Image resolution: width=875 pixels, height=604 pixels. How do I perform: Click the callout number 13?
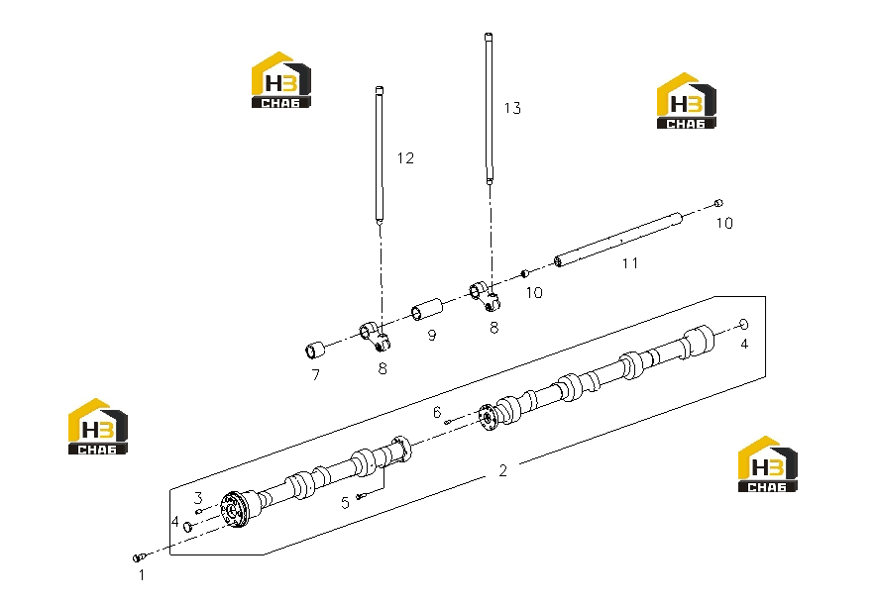click(512, 108)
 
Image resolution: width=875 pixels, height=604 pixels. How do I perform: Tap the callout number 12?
click(405, 158)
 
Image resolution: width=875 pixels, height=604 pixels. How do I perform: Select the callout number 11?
click(630, 262)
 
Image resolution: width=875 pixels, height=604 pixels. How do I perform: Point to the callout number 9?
click(432, 336)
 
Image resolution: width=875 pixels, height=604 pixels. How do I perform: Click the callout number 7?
click(316, 375)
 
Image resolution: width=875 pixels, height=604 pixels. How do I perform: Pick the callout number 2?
click(502, 470)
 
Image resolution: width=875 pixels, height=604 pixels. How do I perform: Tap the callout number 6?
click(437, 412)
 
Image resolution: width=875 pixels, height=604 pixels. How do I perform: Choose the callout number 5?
click(345, 502)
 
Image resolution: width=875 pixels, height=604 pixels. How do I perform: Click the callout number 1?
click(142, 574)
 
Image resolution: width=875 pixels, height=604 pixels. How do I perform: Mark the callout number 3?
click(198, 497)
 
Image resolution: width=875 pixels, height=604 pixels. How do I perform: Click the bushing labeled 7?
click(315, 350)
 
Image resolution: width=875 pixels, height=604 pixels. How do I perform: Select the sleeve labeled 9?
click(427, 310)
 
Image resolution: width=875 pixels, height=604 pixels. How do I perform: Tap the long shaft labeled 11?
click(618, 240)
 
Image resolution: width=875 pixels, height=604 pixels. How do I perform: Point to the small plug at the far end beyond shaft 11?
click(718, 203)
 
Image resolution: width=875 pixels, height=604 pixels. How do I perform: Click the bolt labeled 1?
click(140, 556)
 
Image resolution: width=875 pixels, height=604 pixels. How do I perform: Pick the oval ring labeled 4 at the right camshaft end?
click(743, 324)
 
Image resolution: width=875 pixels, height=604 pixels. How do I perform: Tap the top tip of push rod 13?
click(489, 35)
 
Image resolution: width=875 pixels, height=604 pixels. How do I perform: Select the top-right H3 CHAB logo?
click(686, 101)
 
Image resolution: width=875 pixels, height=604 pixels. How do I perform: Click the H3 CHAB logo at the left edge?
click(98, 427)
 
